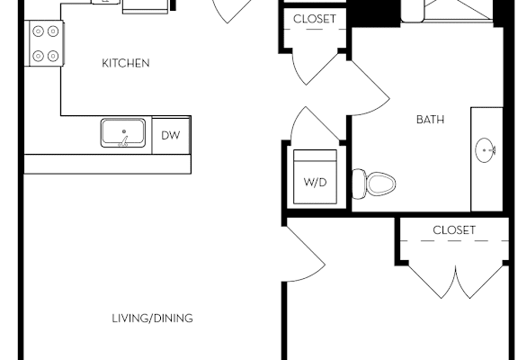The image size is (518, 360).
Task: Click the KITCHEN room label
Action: coord(126,63)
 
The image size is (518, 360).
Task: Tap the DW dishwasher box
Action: coord(171,135)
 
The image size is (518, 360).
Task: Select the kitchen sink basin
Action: coord(123,132)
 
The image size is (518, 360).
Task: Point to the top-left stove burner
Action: coord(39,31)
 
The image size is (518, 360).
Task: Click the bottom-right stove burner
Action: coord(53,56)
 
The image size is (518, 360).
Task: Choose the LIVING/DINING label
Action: coord(152,318)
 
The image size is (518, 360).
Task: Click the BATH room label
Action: coord(430,120)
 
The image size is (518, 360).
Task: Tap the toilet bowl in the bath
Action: coord(381,184)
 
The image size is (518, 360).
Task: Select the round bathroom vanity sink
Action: coord(485,150)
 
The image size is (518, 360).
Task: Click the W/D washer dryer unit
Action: coord(315,177)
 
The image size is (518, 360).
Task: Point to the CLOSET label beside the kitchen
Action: coord(315,19)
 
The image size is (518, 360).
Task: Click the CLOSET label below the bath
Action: coord(454,230)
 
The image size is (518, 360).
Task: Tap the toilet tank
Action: coord(359,184)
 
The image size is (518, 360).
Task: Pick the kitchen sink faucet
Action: coord(124,141)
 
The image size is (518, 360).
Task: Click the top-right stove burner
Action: coord(53,31)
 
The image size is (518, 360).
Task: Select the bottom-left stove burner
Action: coord(39,56)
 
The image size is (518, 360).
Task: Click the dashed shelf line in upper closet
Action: coord(315,30)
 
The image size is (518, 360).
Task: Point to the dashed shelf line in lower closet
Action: coord(454,240)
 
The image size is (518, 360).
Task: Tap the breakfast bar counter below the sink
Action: coord(108,164)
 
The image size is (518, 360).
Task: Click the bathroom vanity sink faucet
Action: coord(492,150)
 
